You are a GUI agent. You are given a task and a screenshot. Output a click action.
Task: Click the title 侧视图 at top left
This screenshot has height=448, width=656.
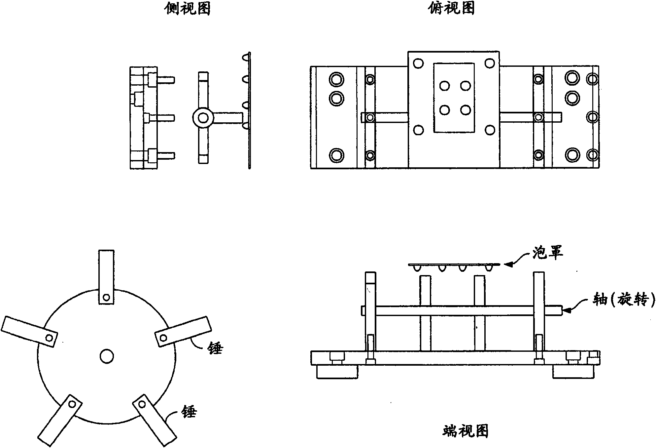[x=187, y=8]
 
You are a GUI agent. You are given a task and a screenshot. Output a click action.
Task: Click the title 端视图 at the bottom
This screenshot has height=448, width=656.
[x=465, y=431]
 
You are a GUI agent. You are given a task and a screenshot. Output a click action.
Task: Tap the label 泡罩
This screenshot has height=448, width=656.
[x=548, y=253]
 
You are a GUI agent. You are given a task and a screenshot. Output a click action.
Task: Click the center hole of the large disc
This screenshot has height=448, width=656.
[x=107, y=356]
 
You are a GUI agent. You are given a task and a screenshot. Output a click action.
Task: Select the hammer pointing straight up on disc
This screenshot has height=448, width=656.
[x=106, y=276]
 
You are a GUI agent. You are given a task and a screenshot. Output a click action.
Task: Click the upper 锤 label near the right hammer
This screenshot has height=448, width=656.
[x=216, y=348]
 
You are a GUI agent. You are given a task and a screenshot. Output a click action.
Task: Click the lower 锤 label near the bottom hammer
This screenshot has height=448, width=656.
[x=190, y=412]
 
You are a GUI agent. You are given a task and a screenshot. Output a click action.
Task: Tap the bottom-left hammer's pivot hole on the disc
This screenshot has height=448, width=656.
[x=72, y=404]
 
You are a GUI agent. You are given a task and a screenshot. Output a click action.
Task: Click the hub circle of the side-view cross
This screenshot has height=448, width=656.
[x=203, y=118]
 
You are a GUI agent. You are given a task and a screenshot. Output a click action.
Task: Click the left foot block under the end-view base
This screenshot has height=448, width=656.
[x=337, y=372]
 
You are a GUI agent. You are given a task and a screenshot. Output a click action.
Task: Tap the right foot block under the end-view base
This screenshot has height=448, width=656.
[x=574, y=372]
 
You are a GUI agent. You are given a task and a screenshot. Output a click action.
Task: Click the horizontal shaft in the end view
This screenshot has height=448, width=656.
[x=462, y=310]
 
